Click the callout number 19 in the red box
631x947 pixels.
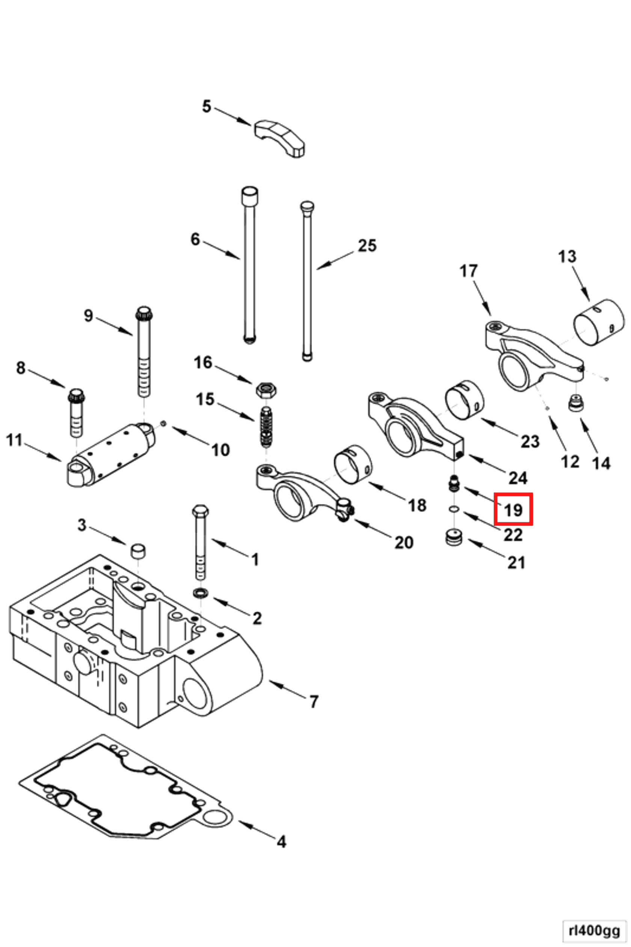[x=513, y=510]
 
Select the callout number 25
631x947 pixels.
[x=367, y=246]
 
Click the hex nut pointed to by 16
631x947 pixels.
[x=266, y=390]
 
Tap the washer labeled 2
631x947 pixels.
[x=201, y=593]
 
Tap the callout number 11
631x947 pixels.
[x=14, y=440]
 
